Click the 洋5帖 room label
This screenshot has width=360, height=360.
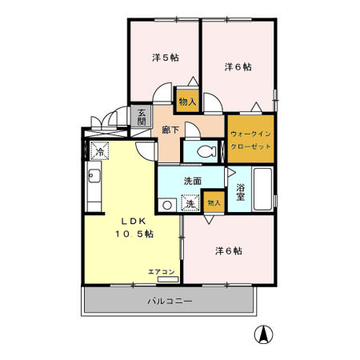164,58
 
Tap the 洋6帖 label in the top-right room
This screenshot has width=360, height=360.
237,66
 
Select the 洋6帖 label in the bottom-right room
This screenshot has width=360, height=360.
228,250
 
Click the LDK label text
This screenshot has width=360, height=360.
134,221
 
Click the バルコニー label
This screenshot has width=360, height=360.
170,301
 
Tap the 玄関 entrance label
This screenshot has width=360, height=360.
141,116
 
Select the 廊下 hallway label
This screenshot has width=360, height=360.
170,129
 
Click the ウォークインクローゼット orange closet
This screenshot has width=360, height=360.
251,138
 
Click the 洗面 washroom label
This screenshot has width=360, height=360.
192,180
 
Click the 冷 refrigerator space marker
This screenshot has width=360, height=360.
100,150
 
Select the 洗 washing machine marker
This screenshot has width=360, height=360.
190,203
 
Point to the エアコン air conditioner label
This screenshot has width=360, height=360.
162,272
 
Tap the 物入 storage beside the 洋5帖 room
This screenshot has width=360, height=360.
187,101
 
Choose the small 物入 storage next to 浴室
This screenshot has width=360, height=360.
214,203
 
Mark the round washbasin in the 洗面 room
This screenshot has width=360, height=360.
167,205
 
